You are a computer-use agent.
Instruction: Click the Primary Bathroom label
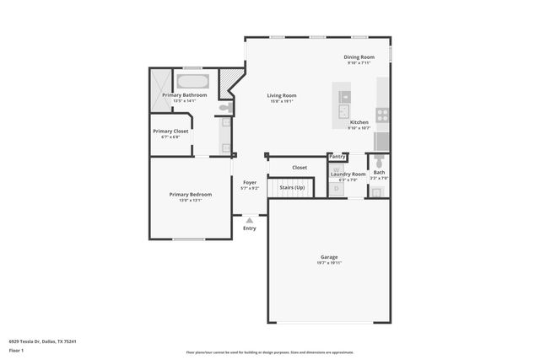click(x=184, y=95)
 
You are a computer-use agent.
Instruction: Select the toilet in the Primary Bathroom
click(x=224, y=108)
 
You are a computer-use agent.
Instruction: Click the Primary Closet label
click(x=170, y=132)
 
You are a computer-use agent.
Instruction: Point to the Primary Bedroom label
click(x=191, y=195)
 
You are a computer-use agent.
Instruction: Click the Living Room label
click(x=282, y=96)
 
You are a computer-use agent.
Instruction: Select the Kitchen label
click(x=359, y=122)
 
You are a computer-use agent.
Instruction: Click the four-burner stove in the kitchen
click(x=381, y=112)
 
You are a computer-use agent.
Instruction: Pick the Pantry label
click(x=337, y=156)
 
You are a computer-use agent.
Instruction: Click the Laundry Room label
click(x=348, y=174)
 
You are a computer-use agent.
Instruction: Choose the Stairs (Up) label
click(x=292, y=187)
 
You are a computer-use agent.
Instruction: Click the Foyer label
click(x=250, y=183)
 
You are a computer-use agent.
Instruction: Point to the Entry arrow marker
click(x=250, y=220)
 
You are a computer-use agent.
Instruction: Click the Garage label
click(x=329, y=257)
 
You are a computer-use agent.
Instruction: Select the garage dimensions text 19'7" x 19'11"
click(x=329, y=264)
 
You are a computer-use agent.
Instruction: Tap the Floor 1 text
click(x=16, y=350)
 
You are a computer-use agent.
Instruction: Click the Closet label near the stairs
click(x=300, y=168)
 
